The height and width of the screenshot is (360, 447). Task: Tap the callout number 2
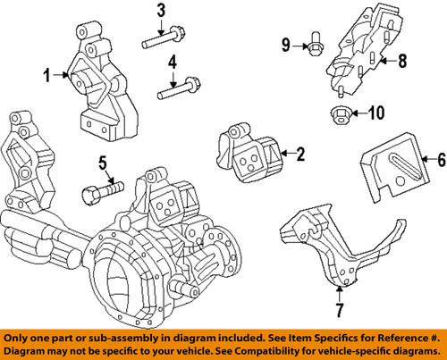(x=300, y=155)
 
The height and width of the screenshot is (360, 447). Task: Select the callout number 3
(x=161, y=12)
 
